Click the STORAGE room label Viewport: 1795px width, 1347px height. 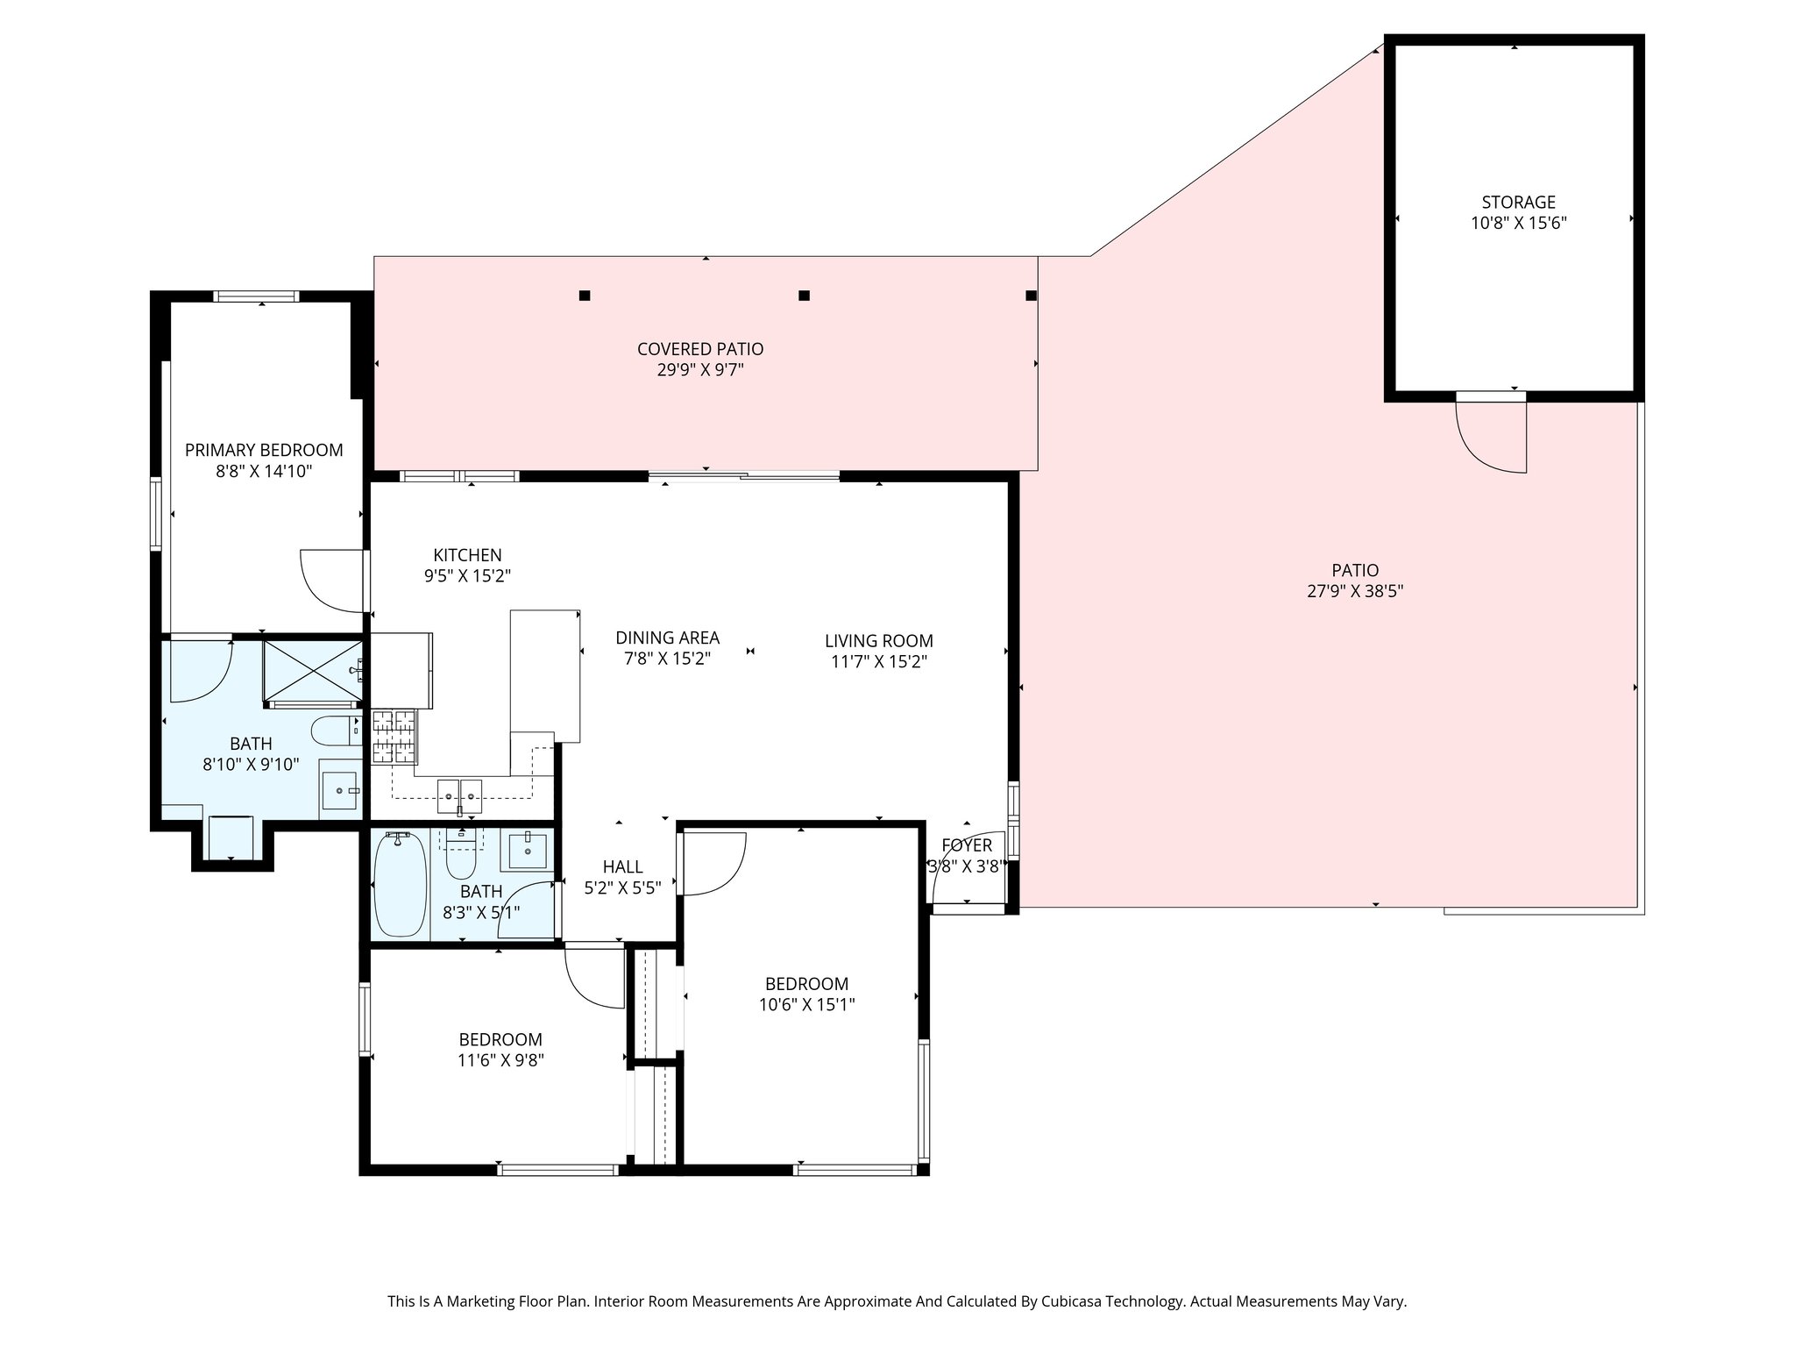1518,203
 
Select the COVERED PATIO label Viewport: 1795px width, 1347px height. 700,349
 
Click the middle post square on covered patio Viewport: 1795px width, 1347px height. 804,296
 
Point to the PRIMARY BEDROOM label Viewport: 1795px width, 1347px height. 264,450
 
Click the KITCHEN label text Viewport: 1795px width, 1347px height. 467,555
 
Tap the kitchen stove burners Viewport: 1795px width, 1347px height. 394,737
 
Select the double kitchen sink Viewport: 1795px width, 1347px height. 459,794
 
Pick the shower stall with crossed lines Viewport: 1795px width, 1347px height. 313,672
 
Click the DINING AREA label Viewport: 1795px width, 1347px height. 667,638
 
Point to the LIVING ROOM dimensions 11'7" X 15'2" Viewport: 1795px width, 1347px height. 879,662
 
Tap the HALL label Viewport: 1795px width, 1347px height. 622,867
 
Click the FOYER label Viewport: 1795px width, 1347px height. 967,845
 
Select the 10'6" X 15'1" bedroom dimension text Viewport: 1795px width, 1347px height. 806,1005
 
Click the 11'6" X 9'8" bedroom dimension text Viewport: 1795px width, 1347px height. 500,1060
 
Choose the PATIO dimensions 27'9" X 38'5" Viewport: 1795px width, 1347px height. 1355,592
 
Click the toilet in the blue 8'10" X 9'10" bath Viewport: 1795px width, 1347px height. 336,727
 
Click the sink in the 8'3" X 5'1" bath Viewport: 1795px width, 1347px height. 528,851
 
